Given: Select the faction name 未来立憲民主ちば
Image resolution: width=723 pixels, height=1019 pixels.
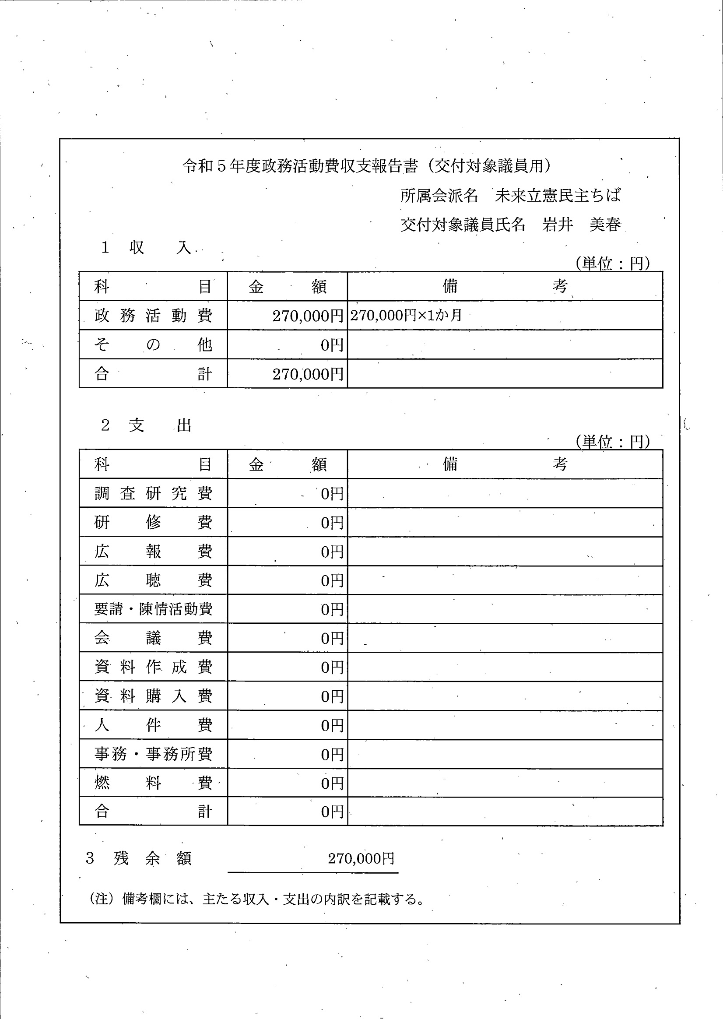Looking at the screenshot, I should (558, 195).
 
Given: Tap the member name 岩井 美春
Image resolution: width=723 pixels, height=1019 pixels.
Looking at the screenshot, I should (581, 225).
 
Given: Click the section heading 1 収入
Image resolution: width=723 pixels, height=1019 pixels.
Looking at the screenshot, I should (147, 247).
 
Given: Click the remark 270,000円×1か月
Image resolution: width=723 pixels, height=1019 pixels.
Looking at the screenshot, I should (406, 316).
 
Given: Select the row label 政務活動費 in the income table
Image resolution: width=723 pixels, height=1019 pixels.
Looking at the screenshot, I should (153, 316).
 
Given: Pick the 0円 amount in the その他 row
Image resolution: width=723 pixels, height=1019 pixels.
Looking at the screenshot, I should (332, 344).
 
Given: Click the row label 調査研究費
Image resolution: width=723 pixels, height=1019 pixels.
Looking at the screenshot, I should (153, 493).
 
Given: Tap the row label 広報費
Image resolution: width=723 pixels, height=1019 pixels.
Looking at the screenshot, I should (153, 552).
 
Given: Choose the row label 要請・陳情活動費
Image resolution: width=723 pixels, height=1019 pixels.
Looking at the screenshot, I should (153, 609).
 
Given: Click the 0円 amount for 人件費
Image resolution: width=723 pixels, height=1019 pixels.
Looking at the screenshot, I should (332, 726).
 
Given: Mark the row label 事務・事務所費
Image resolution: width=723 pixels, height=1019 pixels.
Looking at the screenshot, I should (153, 754).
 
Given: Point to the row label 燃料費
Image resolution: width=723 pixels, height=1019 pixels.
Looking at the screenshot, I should (153, 783).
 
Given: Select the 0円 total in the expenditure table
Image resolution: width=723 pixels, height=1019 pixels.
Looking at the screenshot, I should (332, 812).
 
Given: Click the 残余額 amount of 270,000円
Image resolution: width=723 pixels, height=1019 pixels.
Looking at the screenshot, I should (361, 858).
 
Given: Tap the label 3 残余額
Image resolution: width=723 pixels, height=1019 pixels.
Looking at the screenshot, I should (138, 858).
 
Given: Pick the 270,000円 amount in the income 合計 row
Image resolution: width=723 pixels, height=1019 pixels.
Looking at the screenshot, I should (308, 374).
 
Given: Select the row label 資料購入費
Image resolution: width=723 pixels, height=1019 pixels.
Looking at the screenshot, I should (153, 696).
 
